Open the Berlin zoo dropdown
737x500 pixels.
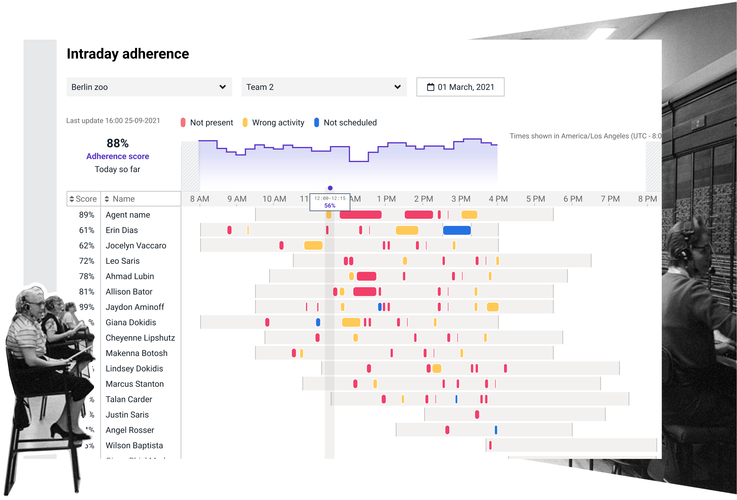click(149, 87)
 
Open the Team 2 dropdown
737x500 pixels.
click(324, 87)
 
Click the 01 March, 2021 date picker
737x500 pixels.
click(460, 87)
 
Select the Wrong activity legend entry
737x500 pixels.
click(273, 122)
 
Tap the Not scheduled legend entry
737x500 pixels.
click(345, 122)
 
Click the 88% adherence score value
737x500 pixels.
click(118, 143)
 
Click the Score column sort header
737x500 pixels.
click(83, 199)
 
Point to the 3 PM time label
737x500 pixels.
click(461, 199)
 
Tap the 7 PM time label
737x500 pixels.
click(610, 199)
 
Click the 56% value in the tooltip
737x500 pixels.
click(330, 205)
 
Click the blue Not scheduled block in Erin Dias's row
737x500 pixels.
click(457, 230)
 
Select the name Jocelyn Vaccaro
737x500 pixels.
click(136, 245)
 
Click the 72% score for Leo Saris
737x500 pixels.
click(87, 261)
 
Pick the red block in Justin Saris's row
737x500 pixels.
click(477, 414)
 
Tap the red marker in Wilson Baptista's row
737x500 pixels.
click(490, 445)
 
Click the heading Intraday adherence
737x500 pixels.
click(128, 54)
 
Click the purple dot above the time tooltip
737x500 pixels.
click(330, 188)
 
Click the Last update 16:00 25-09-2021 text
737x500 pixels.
click(113, 121)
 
